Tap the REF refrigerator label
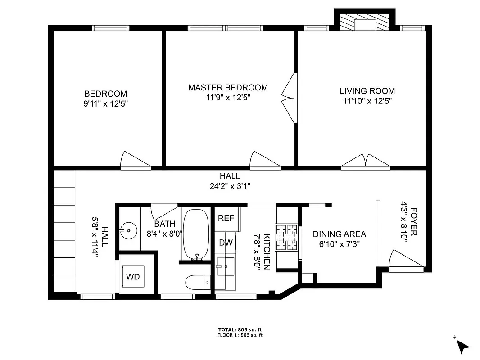coord(226,218)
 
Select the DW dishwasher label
coord(226,243)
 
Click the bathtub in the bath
coord(195,234)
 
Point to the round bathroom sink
coord(128,231)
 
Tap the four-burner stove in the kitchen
coord(287,237)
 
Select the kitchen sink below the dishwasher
coord(225,266)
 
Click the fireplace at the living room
coord(364,24)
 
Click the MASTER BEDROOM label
coord(228,88)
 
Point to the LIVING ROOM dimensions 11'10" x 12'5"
coord(367,101)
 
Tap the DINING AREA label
coord(340,234)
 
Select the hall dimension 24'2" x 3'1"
coord(230,186)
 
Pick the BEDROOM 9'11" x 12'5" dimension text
coord(106,103)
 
